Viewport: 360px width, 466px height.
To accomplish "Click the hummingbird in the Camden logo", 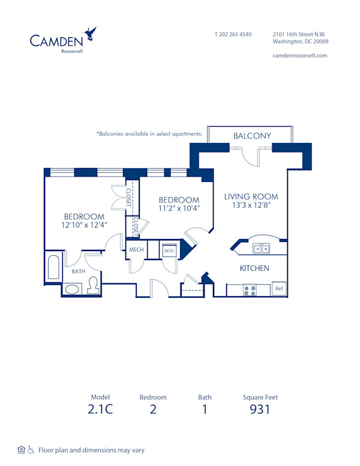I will click(91, 33).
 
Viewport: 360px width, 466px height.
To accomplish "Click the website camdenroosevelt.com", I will click(299, 55).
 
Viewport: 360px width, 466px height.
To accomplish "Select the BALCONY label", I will click(252, 136).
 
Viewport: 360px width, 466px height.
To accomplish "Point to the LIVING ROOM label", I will click(251, 196).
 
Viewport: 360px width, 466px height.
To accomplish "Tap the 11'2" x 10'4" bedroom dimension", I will click(178, 209).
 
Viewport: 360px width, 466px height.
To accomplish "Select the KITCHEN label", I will click(254, 268).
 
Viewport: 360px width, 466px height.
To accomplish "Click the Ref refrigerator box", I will click(279, 289).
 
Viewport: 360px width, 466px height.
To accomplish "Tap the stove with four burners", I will click(249, 290).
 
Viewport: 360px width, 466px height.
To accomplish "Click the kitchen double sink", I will click(260, 248).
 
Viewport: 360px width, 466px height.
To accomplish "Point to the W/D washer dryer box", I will click(169, 250).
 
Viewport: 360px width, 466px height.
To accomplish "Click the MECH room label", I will click(136, 249).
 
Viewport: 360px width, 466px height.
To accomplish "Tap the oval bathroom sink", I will click(72, 289).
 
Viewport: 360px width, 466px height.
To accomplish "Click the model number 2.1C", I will click(101, 410).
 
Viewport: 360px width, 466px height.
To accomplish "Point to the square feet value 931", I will click(260, 410).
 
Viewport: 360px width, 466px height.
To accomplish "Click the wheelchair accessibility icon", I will click(31, 450).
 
